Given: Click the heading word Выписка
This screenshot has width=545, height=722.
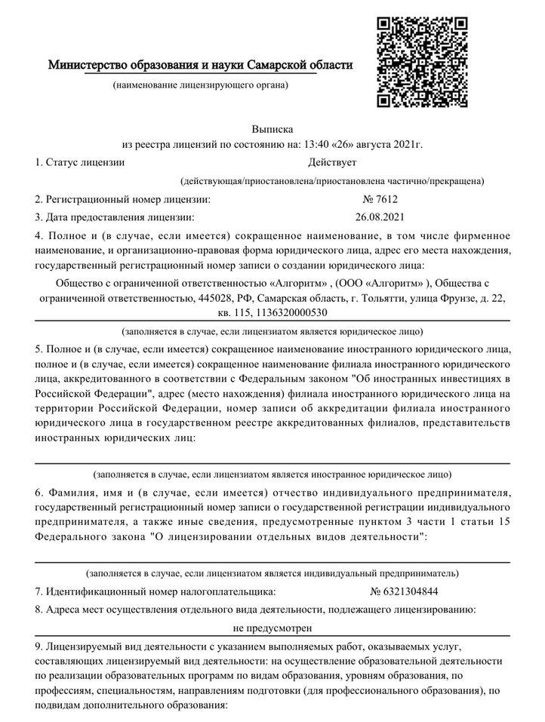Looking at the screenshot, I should point(272,129).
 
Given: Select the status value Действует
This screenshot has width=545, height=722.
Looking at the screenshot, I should point(332,161).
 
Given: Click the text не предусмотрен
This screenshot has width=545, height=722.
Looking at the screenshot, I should point(272,627).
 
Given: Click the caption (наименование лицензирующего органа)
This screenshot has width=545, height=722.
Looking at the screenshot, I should point(200,85).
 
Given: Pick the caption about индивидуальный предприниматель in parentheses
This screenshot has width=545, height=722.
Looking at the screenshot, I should point(272,573).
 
